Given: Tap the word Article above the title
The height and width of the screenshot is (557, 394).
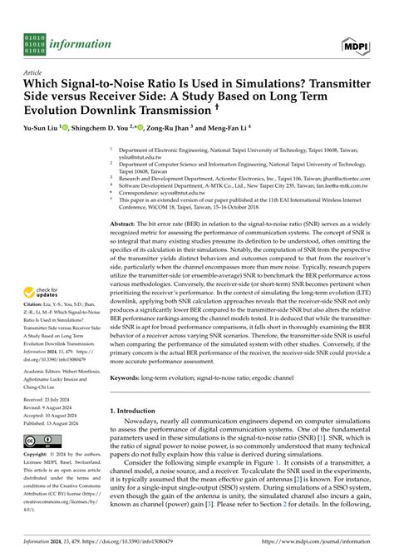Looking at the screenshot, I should pos(33,73).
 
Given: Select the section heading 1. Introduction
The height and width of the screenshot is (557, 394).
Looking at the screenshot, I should pos(137,411).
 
